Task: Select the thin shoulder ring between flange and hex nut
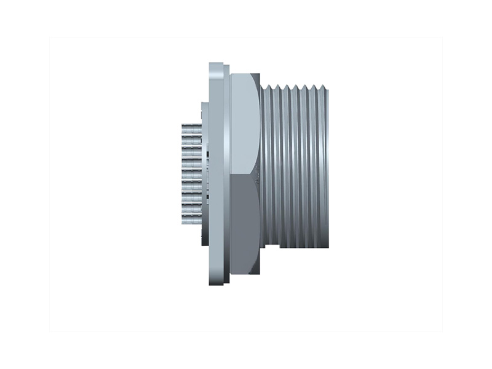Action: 228,172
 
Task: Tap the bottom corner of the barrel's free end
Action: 327,247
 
